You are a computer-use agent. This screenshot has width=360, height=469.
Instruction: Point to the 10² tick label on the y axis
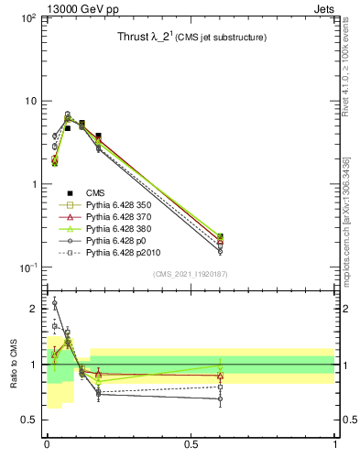tap(27, 18)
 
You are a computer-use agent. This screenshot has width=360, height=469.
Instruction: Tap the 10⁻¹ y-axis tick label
tap(27, 267)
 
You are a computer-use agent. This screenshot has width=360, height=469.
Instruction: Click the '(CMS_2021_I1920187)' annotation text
tap(191, 275)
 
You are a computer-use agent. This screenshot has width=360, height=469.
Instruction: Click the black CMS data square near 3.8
tap(99, 136)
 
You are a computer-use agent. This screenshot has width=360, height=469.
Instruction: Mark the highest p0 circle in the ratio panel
tap(54, 302)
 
